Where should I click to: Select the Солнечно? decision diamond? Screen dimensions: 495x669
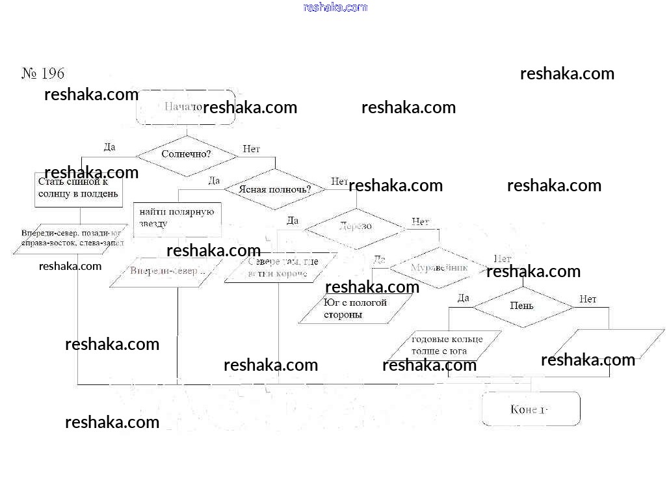point(186,155)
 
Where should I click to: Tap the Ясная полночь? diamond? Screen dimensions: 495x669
point(275,189)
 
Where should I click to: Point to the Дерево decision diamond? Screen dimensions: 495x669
point(355,226)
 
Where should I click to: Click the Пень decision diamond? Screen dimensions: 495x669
point(522,306)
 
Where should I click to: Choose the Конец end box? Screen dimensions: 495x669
point(531,409)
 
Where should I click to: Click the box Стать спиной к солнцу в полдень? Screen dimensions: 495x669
point(78,189)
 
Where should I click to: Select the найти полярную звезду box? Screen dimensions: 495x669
point(177,218)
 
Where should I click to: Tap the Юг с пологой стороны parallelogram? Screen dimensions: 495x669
point(356,309)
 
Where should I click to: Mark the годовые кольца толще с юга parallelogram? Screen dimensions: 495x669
point(445,345)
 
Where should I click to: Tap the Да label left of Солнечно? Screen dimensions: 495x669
point(110,147)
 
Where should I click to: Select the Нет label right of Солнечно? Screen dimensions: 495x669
point(251,149)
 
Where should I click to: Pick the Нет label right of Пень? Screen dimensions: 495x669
point(588,299)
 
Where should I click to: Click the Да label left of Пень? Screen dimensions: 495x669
point(463,298)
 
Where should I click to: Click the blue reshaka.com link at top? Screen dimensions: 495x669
point(335,7)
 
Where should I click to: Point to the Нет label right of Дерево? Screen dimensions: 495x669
point(420,222)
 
